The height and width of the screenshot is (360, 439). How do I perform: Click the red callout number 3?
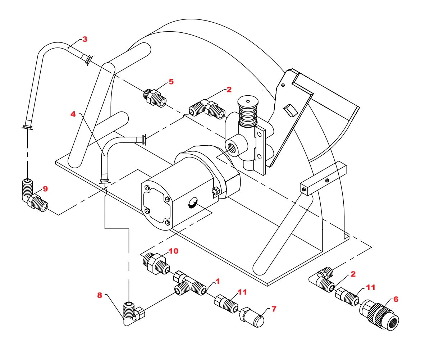(x=85, y=39)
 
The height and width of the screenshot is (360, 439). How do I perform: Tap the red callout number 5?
(x=171, y=82)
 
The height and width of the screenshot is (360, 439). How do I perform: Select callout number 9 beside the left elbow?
(x=45, y=189)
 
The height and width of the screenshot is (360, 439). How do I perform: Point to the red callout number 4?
(x=73, y=114)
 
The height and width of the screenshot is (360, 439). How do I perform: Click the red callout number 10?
(x=173, y=251)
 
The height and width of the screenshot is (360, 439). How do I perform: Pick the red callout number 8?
(x=100, y=295)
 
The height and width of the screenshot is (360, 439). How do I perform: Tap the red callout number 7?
(x=274, y=309)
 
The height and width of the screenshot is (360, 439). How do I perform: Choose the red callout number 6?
(x=395, y=299)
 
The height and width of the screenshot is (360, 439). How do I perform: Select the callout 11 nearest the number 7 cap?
(x=242, y=292)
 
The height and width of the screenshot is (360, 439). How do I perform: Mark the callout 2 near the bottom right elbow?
(x=353, y=274)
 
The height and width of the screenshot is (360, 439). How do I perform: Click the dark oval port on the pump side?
(x=192, y=204)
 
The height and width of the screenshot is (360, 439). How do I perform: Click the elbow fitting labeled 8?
(x=133, y=312)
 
